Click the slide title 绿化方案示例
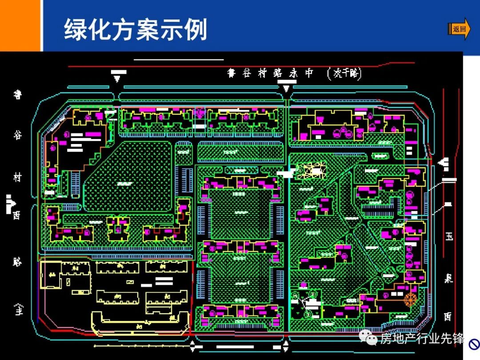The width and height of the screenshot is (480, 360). (x=136, y=30)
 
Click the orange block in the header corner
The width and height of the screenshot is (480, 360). (x=20, y=25)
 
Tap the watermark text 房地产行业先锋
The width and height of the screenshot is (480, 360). (x=422, y=339)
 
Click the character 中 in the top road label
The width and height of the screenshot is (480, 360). (x=309, y=73)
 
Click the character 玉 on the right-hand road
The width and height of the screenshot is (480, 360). (x=449, y=236)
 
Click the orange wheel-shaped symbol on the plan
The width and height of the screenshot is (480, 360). (x=411, y=299)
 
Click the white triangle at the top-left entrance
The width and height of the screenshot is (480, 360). (x=117, y=79)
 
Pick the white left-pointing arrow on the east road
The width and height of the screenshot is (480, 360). (x=443, y=163)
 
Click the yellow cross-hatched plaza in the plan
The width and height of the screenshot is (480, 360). (x=311, y=170)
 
